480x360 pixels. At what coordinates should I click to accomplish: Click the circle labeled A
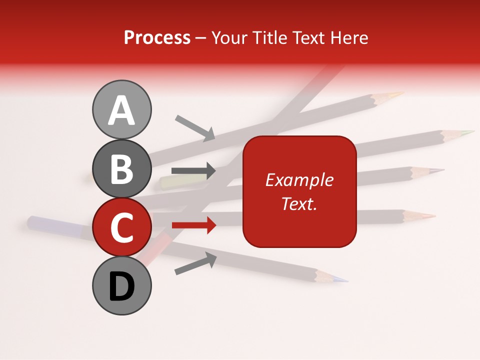pos(121,109)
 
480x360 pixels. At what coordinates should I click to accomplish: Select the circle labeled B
pos(121,168)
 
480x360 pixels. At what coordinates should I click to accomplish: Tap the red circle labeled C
pos(121,227)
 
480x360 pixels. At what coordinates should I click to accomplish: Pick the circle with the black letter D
pos(121,286)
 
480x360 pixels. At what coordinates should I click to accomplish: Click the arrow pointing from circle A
pos(195,127)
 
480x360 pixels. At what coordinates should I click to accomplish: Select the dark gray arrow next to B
pos(193,170)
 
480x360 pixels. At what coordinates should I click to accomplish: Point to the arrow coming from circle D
pos(195,263)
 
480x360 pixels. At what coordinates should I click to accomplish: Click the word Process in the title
pos(157,37)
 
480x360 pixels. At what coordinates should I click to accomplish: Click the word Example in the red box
pos(299,180)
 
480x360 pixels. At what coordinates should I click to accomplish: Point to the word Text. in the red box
pos(299,203)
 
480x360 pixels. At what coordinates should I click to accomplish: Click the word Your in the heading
pos(227,37)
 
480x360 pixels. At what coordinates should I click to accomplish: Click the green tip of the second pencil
pos(467,132)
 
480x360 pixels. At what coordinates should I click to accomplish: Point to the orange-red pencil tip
pos(425,216)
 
